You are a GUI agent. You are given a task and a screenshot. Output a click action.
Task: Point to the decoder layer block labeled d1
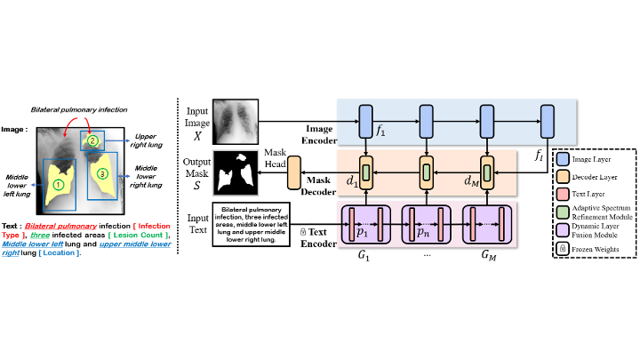(365, 171)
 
